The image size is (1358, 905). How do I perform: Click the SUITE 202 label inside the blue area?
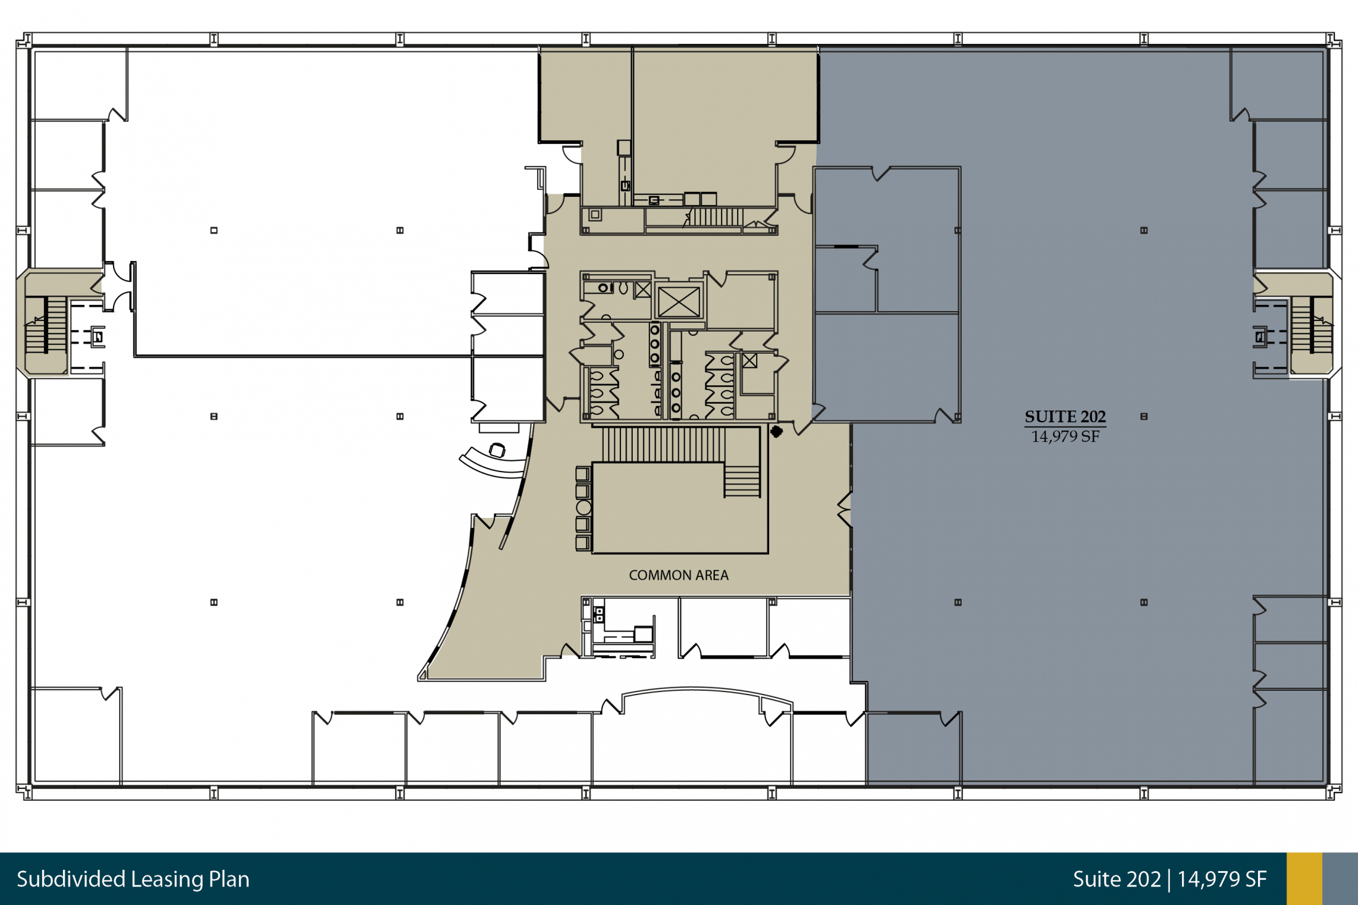(1065, 417)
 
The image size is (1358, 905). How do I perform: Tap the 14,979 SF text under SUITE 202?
(1065, 436)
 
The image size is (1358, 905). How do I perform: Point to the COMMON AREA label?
(678, 575)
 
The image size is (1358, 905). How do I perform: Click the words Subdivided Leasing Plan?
(133, 879)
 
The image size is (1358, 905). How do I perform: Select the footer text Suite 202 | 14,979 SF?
(1170, 879)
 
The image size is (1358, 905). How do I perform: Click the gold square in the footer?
(1304, 879)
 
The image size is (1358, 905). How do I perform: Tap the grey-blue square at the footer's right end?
(1340, 879)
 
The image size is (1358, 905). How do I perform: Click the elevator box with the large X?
(678, 302)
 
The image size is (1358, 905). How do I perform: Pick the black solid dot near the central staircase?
(777, 432)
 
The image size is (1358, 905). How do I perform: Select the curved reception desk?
(492, 466)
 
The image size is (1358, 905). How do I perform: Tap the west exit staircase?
(46, 325)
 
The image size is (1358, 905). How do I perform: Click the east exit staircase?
(1312, 325)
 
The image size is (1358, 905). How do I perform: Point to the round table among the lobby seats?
(583, 507)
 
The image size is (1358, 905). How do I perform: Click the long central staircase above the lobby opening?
(664, 444)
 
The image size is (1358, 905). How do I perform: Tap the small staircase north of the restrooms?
(716, 217)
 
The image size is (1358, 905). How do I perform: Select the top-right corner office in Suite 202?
(1278, 84)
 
